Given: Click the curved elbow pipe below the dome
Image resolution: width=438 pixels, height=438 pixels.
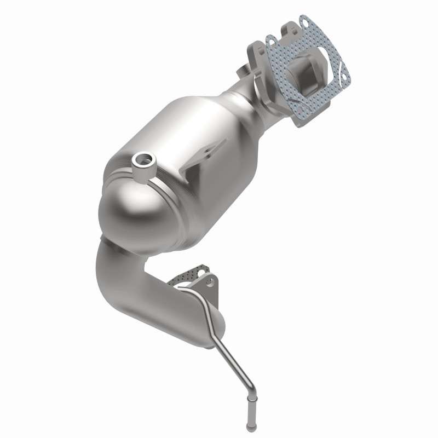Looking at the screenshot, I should point(118,279).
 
